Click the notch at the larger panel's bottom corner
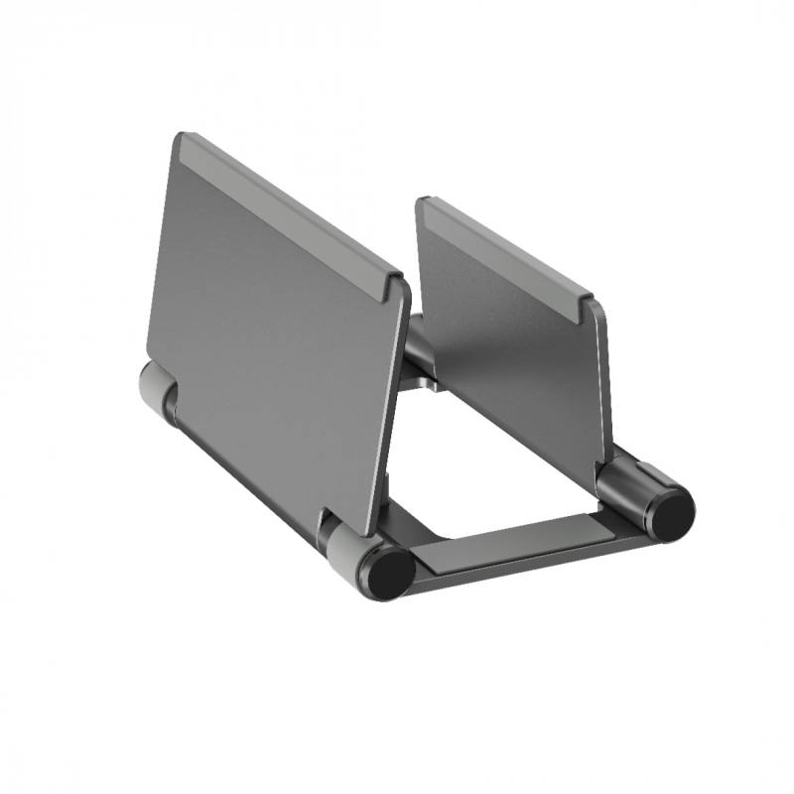pos(329,516)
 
